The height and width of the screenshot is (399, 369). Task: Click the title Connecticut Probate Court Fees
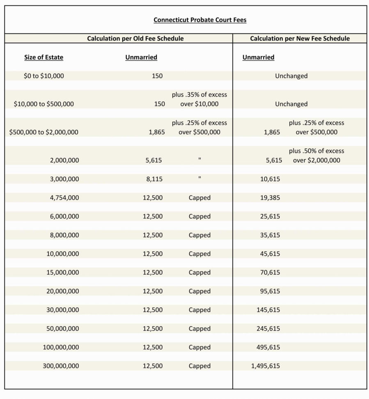click(x=200, y=20)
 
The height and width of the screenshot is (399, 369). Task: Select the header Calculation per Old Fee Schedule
click(x=135, y=38)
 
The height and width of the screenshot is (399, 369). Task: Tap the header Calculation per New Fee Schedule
click(x=300, y=38)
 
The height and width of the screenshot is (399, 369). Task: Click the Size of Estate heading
click(x=44, y=57)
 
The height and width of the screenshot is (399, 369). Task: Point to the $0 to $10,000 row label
click(x=44, y=76)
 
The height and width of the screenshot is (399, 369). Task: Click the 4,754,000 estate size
click(x=64, y=197)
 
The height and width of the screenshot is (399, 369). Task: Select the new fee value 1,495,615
click(x=265, y=366)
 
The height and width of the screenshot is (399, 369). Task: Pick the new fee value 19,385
click(x=270, y=197)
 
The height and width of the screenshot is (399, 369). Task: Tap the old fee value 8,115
click(x=154, y=179)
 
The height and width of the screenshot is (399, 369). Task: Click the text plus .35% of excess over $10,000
click(x=199, y=99)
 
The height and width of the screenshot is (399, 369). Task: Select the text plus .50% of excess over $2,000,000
click(x=316, y=155)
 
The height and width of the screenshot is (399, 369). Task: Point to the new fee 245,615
click(x=268, y=328)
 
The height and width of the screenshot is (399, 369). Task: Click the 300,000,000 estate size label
click(x=61, y=366)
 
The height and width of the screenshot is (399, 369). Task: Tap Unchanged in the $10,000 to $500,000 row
click(x=291, y=104)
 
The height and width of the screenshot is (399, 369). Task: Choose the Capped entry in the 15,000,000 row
click(x=199, y=272)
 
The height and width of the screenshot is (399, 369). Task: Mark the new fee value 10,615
click(x=270, y=179)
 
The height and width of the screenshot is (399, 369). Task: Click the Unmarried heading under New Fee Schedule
click(x=258, y=57)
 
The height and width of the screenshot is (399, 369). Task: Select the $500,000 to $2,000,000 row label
click(x=44, y=132)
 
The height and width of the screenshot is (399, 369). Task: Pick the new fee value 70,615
click(x=270, y=272)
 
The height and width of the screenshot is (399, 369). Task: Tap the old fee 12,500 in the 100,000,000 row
click(x=153, y=347)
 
